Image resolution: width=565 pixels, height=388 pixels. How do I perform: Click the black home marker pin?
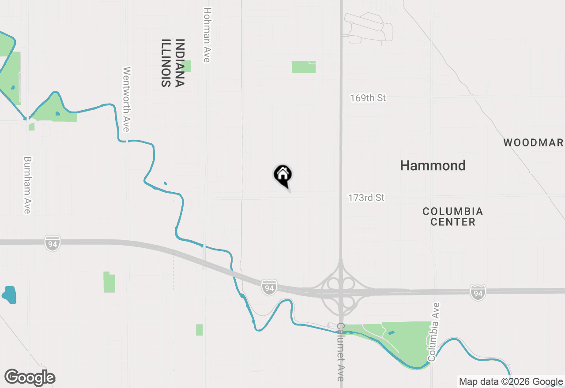pos(283,175)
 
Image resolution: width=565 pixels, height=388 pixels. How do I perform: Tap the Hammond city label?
pos(433,165)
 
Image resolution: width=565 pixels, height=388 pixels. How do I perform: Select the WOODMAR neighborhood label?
pos(533,142)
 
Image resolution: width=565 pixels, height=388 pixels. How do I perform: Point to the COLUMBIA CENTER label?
pos(453,216)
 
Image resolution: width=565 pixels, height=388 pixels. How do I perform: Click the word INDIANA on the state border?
pos(179,63)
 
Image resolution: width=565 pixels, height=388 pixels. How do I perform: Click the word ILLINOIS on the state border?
pos(166,63)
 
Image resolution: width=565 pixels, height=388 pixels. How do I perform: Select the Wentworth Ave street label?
pos(127,99)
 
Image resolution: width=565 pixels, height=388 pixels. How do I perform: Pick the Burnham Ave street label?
pos(27,185)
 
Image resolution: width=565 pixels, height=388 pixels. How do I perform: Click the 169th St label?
pos(368,98)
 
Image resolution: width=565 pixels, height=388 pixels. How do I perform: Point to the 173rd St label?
pos(366,198)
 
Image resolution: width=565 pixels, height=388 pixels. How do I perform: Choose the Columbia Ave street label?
pos(434,332)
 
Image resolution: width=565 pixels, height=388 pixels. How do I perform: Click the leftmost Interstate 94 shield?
pos(52,243)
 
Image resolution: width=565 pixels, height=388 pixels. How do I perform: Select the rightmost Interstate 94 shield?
pos(478,292)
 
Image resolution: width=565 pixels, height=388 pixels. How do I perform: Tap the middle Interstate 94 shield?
pos(269,287)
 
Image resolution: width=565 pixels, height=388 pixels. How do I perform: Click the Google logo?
pos(30,377)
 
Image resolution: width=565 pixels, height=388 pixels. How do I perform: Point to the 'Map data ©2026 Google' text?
pos(511,381)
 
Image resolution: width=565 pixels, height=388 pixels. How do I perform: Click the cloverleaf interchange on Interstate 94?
pos(341,291)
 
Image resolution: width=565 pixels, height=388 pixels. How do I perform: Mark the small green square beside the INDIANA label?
pos(186,66)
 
